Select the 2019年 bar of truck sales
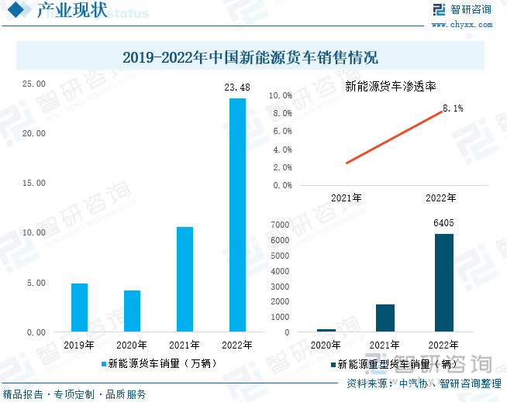79,308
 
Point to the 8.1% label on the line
453,108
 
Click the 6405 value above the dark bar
443,223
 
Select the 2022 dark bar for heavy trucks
443,283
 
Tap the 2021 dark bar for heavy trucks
385,318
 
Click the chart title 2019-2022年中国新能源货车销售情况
250,57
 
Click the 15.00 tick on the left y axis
36,184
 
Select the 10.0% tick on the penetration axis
280,95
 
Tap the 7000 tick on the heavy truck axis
281,225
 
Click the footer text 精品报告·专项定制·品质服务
74,394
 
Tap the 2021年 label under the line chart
346,198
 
